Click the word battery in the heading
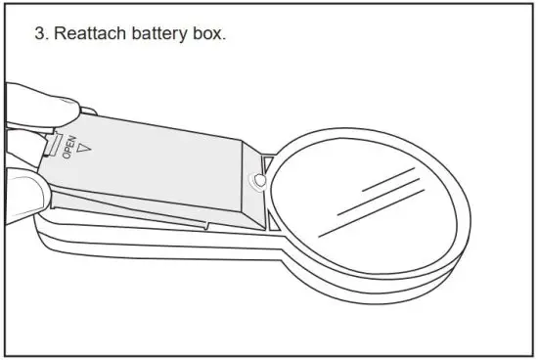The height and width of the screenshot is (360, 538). [159, 33]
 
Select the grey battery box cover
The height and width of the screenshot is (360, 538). [157, 161]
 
